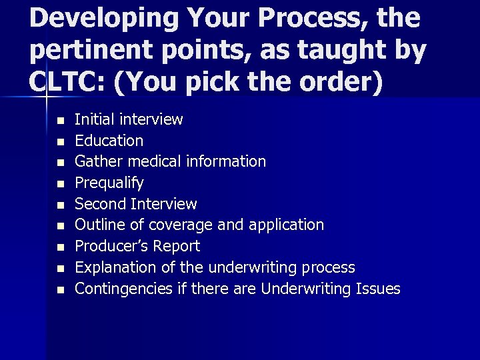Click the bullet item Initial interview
129,119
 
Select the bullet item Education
109,141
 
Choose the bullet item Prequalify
109,183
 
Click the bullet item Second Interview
135,204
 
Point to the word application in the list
286,225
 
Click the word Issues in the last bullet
378,289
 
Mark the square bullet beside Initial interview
59,121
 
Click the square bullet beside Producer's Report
59,247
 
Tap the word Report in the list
177,247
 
